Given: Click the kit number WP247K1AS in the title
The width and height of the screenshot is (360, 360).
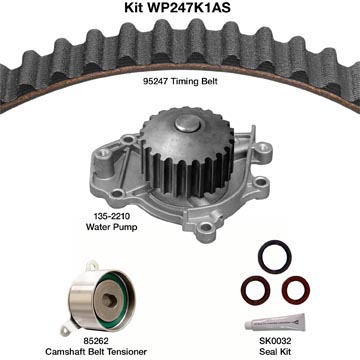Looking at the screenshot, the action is (x=188, y=7).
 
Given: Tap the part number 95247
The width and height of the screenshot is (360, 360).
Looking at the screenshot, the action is (x=156, y=81).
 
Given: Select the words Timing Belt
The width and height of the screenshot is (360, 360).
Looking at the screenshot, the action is (x=194, y=82).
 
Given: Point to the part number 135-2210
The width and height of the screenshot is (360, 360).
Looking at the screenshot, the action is (x=107, y=216).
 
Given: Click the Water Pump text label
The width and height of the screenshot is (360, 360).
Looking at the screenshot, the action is (x=111, y=227).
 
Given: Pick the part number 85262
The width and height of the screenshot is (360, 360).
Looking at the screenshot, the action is (x=95, y=341).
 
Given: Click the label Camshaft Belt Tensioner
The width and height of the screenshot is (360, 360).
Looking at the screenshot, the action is (x=95, y=352).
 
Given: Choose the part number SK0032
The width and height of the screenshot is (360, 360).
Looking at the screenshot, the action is (x=275, y=341).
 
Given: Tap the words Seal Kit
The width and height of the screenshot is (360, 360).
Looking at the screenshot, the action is (x=275, y=352).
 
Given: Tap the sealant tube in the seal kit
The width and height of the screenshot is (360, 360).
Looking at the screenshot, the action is (x=275, y=322).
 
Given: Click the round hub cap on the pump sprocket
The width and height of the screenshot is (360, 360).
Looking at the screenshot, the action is (x=189, y=123).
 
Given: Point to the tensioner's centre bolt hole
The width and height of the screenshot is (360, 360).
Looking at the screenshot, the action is (x=109, y=300).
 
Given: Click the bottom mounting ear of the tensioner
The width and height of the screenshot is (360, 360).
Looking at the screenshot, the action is (x=66, y=331).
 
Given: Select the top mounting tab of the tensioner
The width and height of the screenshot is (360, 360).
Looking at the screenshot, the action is (x=91, y=266).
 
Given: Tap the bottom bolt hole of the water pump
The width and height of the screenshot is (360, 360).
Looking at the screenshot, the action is (x=206, y=228).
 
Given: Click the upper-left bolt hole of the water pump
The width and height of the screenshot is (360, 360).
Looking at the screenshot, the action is (x=105, y=153).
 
